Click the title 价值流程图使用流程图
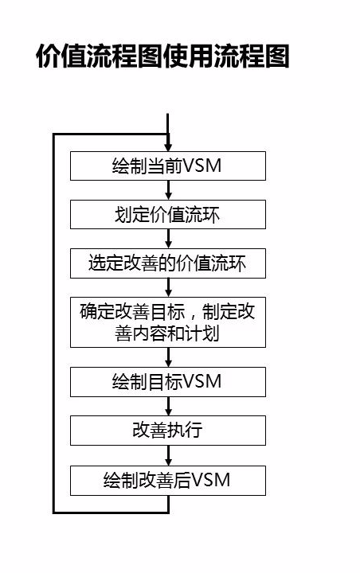click(162, 57)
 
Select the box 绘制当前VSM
click(167, 167)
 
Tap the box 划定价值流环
click(167, 216)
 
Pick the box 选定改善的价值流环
click(167, 264)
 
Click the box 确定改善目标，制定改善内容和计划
click(167, 322)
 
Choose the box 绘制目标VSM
click(167, 381)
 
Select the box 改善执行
click(167, 430)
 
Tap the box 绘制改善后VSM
click(167, 480)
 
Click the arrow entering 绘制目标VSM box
click(168, 357)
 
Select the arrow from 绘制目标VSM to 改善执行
click(168, 406)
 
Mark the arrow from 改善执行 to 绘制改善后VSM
click(168, 455)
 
